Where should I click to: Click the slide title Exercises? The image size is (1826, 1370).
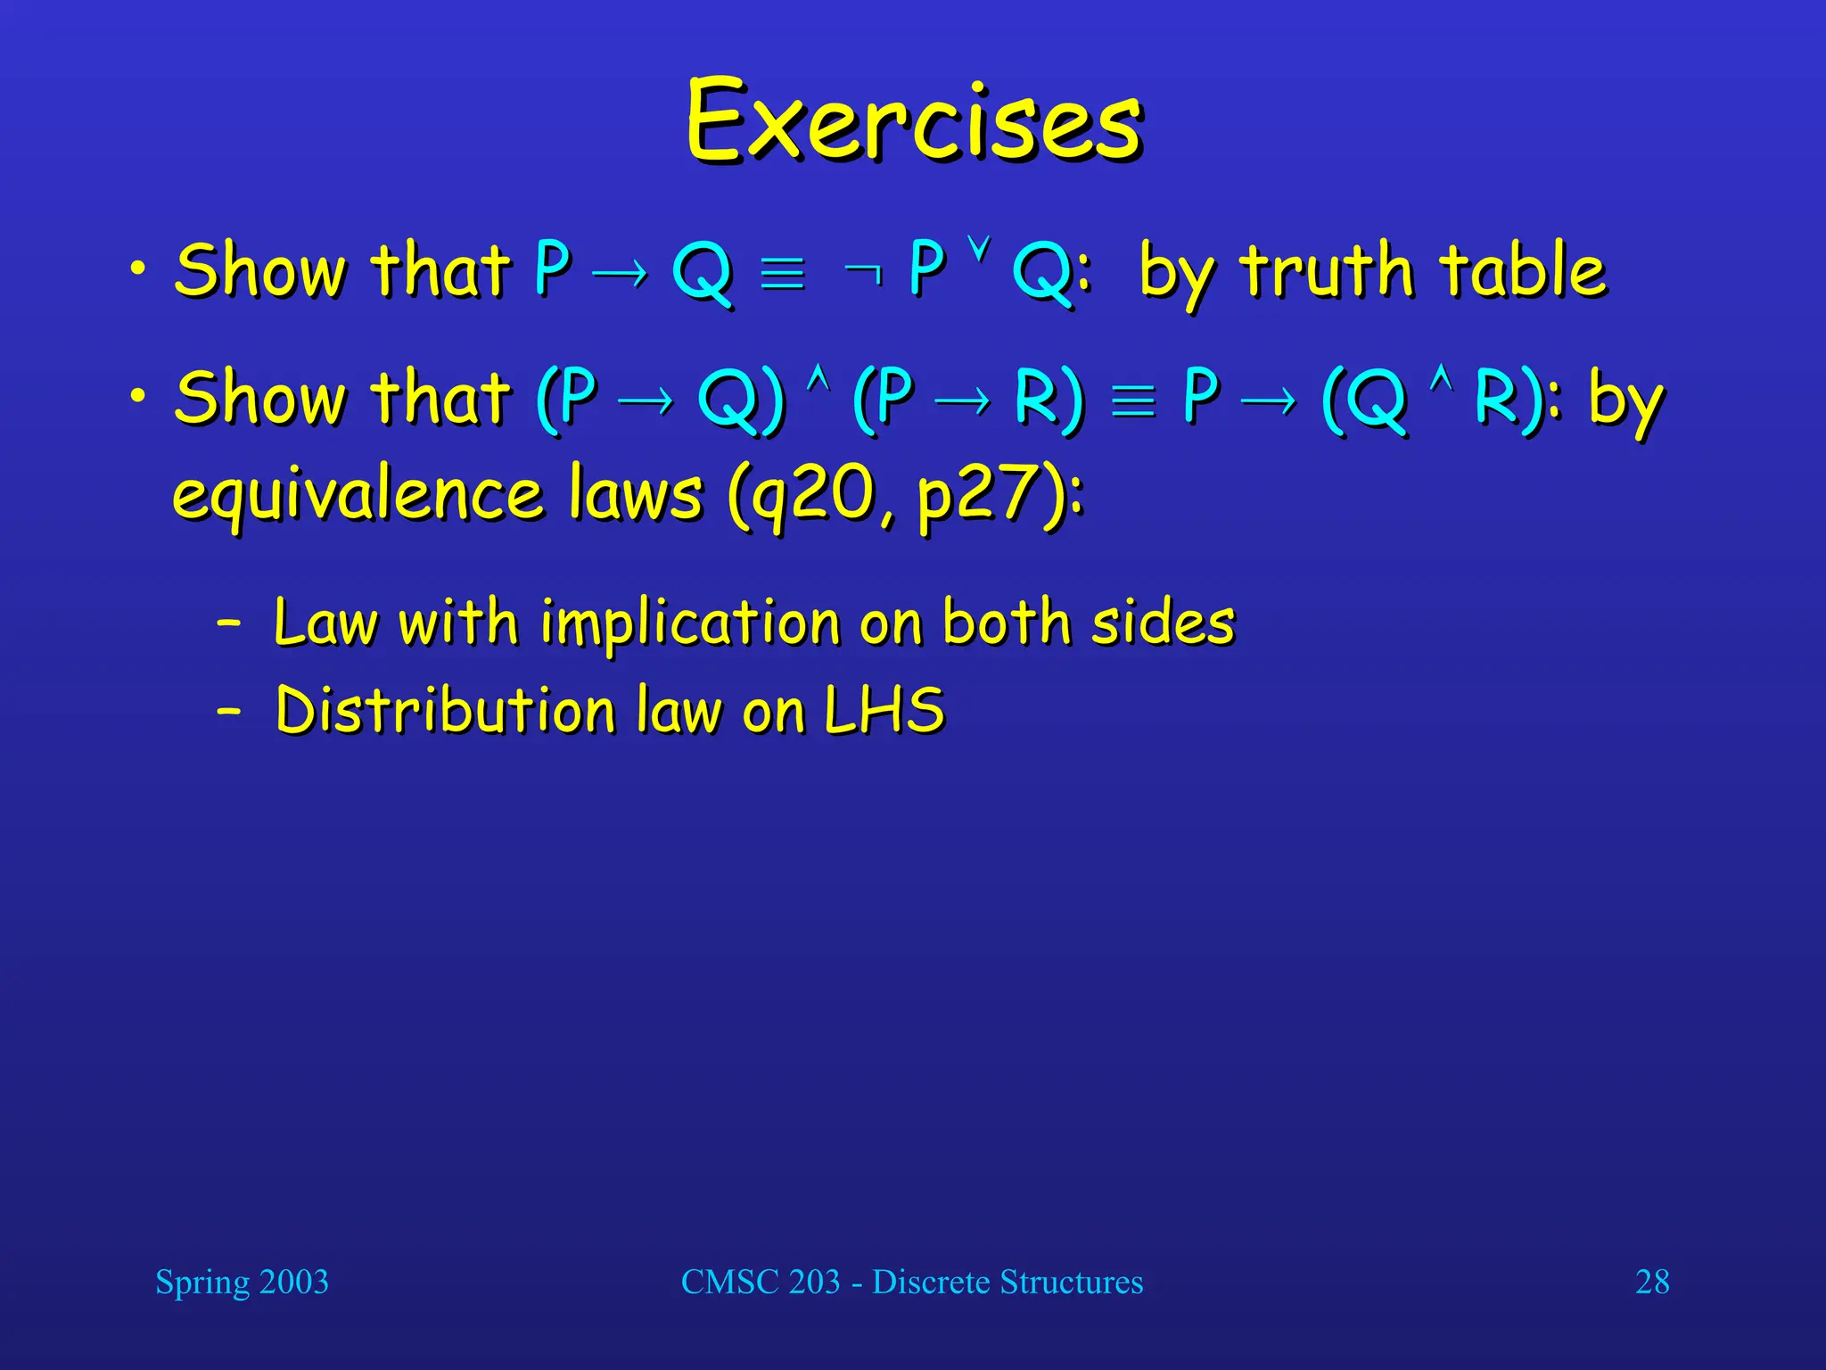coord(913,121)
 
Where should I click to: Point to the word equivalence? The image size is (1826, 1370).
coord(358,496)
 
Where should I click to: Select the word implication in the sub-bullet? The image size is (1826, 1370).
coord(692,623)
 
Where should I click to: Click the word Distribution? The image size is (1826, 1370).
coord(445,711)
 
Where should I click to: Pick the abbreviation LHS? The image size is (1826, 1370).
coord(884,711)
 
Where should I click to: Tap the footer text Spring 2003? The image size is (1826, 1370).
coord(242,1282)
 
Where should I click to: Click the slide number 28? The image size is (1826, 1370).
coord(1652,1282)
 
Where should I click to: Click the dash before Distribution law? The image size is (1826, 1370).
coord(229,711)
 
